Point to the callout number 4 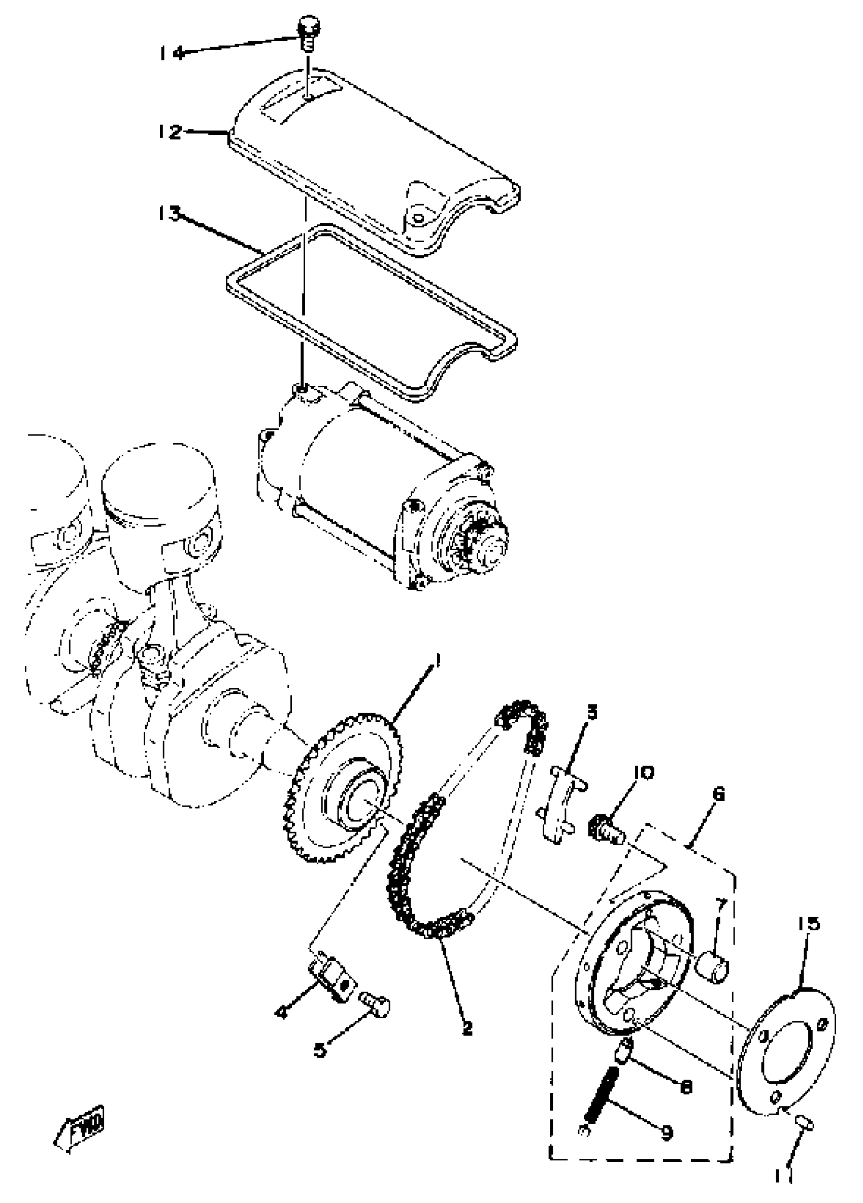click(282, 1013)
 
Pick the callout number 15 click(808, 923)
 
